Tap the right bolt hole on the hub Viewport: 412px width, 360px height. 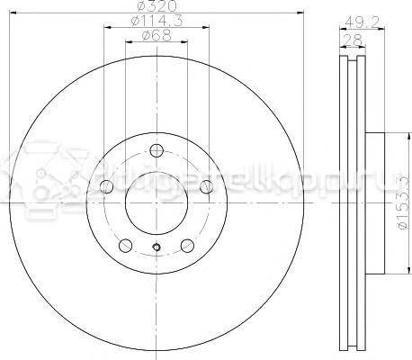[206, 186]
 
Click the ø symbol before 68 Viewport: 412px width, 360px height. [148, 37]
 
